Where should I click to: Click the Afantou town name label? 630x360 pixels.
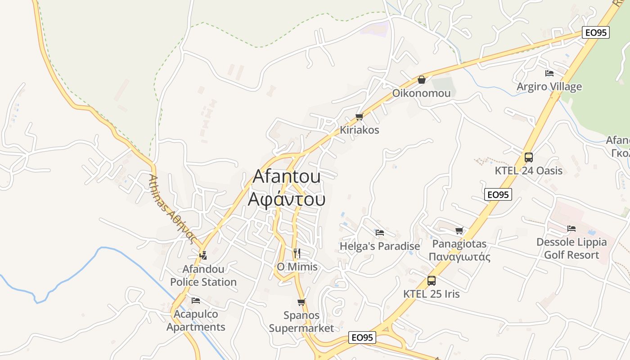(x=287, y=176)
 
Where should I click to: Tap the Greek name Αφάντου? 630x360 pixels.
(x=287, y=198)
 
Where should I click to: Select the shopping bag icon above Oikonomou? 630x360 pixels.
(x=422, y=80)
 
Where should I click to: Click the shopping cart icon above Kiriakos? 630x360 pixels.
(x=359, y=117)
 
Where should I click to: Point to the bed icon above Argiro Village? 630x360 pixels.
(x=549, y=73)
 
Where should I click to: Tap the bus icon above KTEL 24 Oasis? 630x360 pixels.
(x=528, y=157)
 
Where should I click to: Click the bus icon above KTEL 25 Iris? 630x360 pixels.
(x=431, y=281)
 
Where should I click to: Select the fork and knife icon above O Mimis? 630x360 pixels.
(x=297, y=253)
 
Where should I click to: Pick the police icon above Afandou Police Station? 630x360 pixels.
(x=203, y=255)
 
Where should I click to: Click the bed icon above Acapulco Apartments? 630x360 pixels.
(x=195, y=300)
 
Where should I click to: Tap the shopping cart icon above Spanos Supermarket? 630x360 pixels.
(x=301, y=302)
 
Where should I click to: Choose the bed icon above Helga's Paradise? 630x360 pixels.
(x=380, y=233)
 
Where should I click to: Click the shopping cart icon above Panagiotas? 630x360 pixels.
(x=459, y=231)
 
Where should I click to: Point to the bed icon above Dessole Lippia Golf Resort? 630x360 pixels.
(x=571, y=229)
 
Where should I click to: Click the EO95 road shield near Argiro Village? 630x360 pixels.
(x=595, y=32)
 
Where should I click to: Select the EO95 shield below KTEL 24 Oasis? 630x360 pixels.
(x=498, y=194)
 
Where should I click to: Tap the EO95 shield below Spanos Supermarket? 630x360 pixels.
(x=362, y=337)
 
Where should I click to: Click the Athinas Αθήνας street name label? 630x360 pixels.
(x=173, y=209)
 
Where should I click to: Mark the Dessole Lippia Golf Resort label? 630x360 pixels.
(x=571, y=248)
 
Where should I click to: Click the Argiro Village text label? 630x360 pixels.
(x=549, y=86)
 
